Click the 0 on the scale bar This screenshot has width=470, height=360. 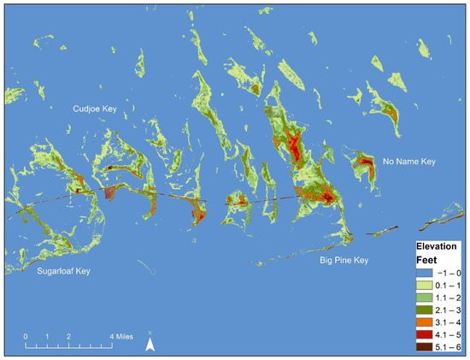click(26, 335)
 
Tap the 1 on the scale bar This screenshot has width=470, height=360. click(47, 335)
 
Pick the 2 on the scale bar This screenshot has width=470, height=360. click(68, 335)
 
